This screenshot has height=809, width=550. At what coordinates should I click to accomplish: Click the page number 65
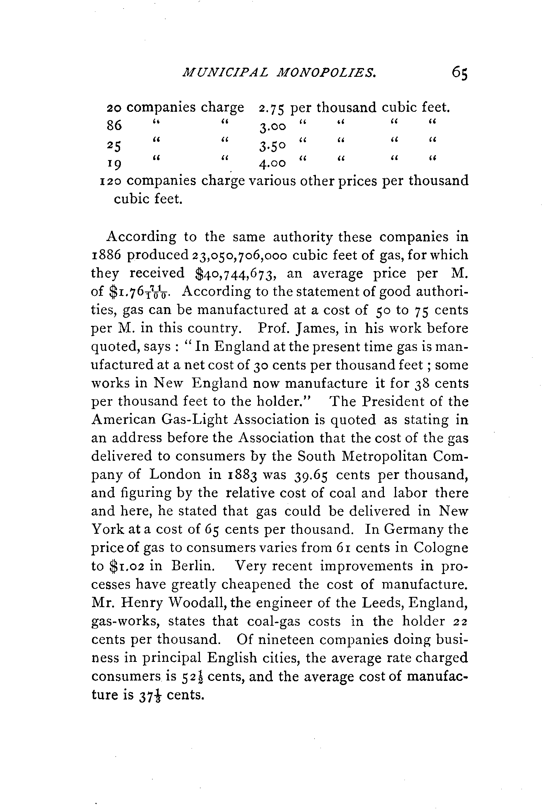459,72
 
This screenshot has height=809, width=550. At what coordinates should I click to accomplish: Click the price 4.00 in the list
272,163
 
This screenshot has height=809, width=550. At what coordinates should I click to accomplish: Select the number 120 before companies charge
110,181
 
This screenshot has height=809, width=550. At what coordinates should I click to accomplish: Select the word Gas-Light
195,420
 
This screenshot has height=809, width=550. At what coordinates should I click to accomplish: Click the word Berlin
191,566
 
